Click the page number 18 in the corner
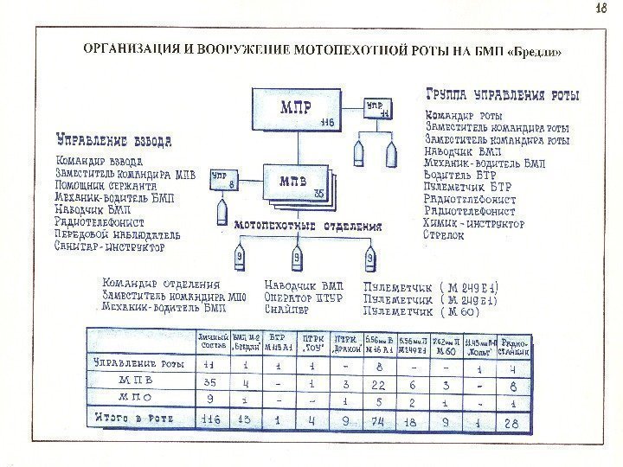pos(603,10)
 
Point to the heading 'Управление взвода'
pos(113,140)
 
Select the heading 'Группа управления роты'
pos(503,94)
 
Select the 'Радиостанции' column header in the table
pos(515,340)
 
